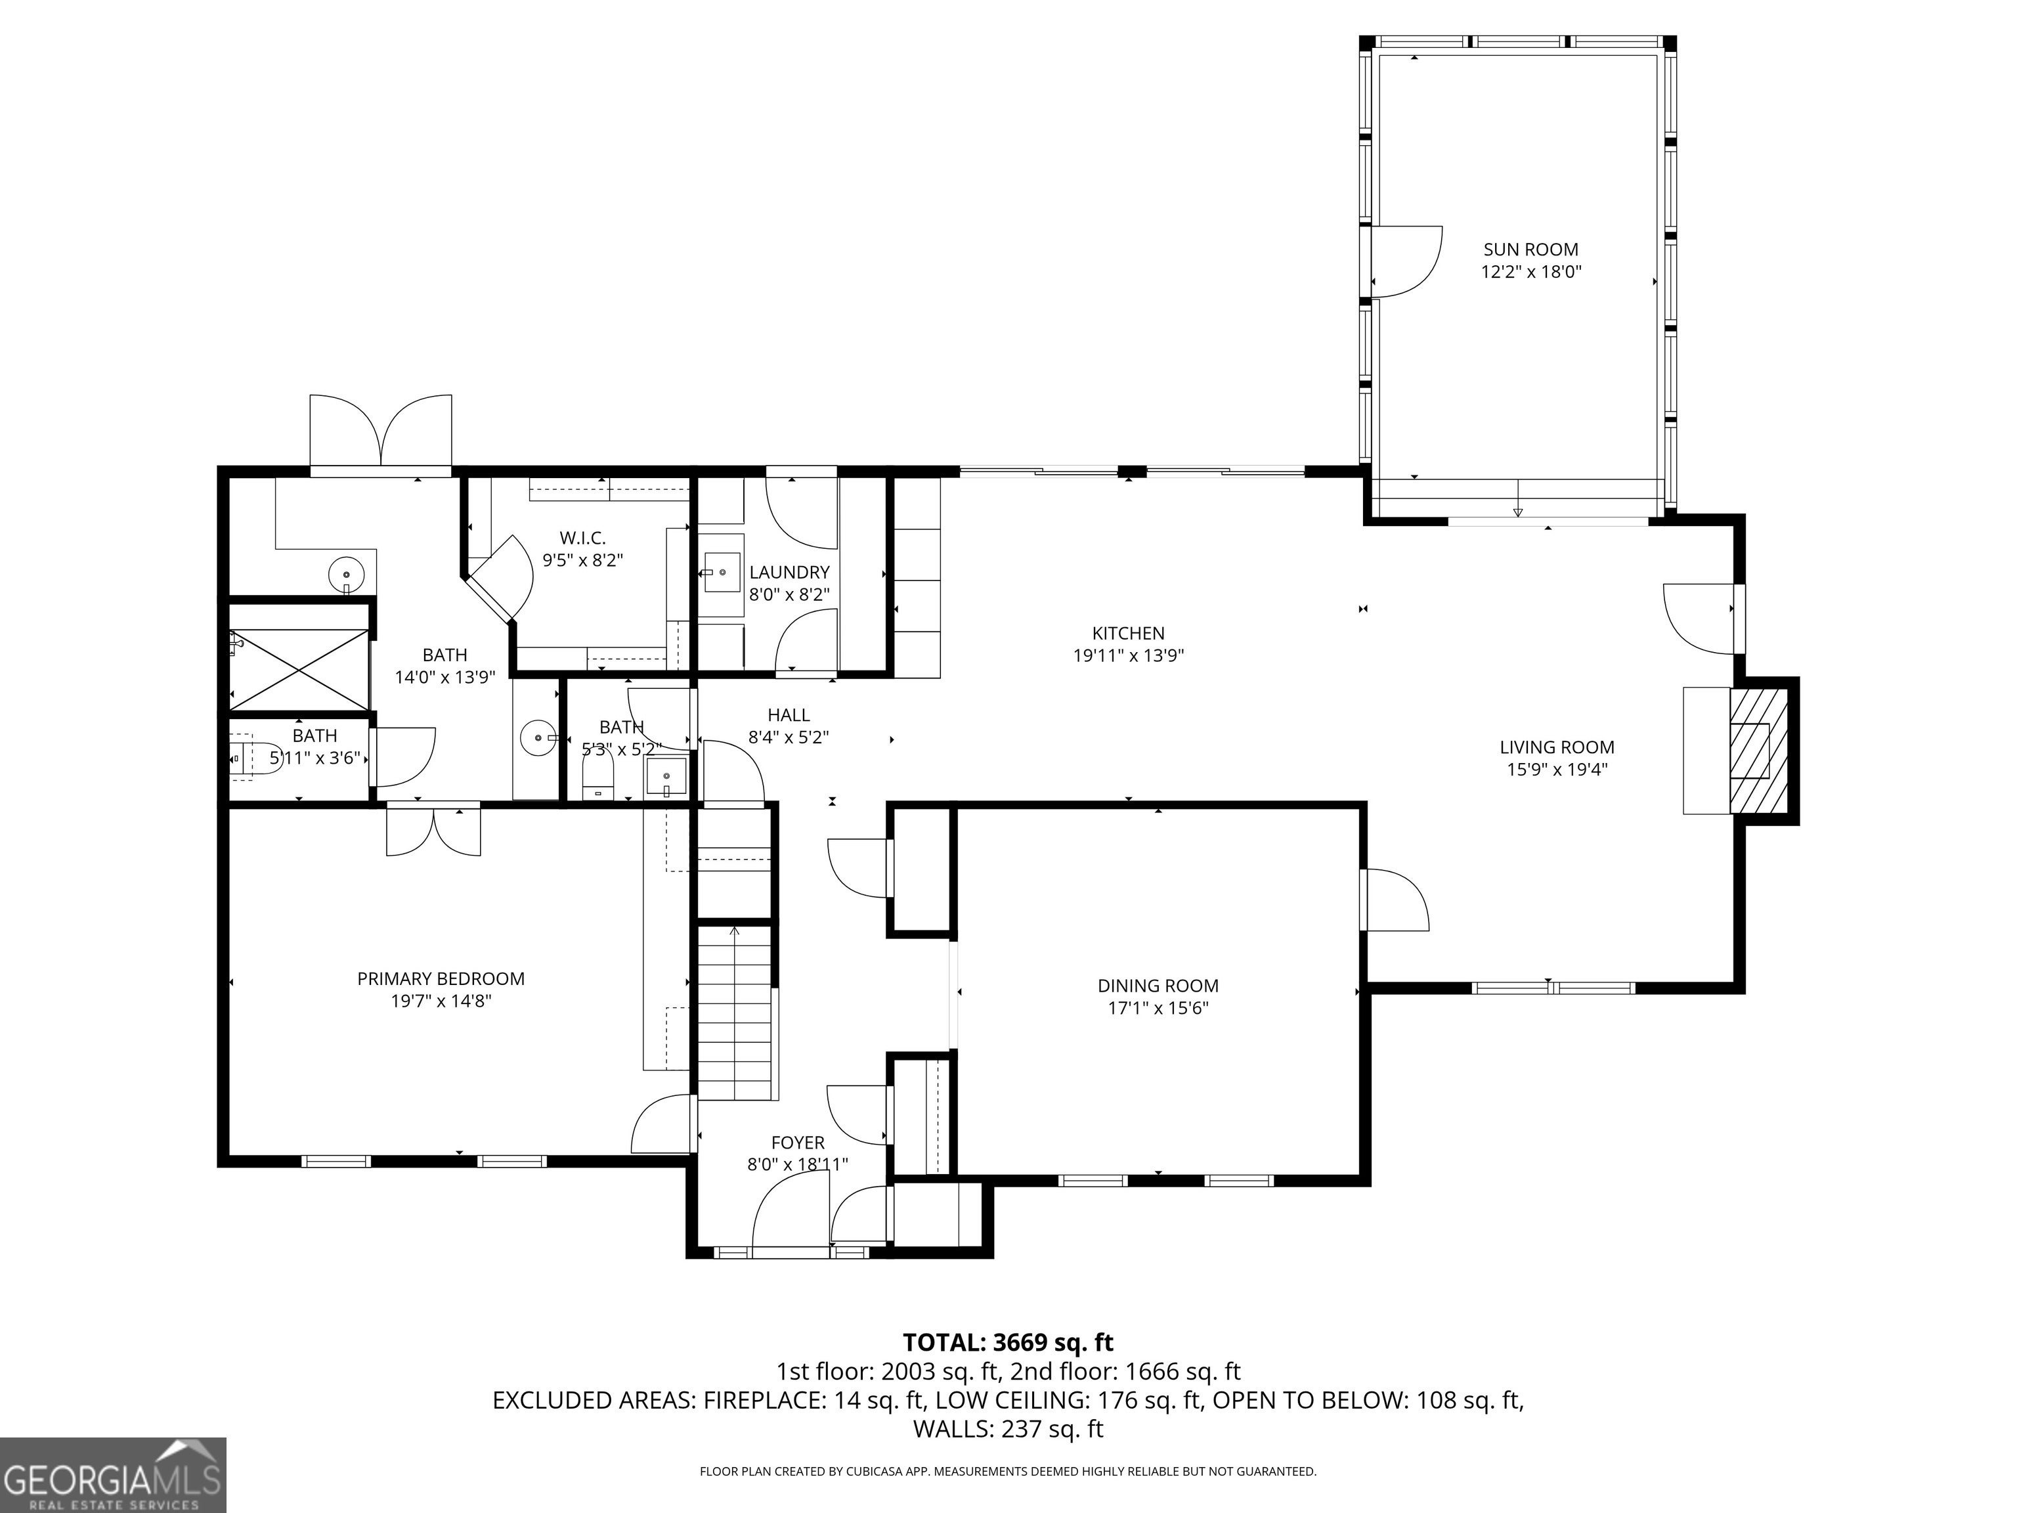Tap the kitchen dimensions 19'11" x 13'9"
(1128, 655)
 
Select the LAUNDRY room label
(790, 572)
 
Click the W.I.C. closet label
(582, 538)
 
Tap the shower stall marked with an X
(299, 669)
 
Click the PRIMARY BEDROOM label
(441, 978)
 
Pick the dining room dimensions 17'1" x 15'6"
(1158, 1008)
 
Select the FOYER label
(798, 1143)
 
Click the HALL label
(789, 715)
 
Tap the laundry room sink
(722, 572)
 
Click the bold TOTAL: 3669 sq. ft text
(1008, 1342)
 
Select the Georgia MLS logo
(113, 1475)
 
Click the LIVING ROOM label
(1557, 747)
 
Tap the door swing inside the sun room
(1407, 262)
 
